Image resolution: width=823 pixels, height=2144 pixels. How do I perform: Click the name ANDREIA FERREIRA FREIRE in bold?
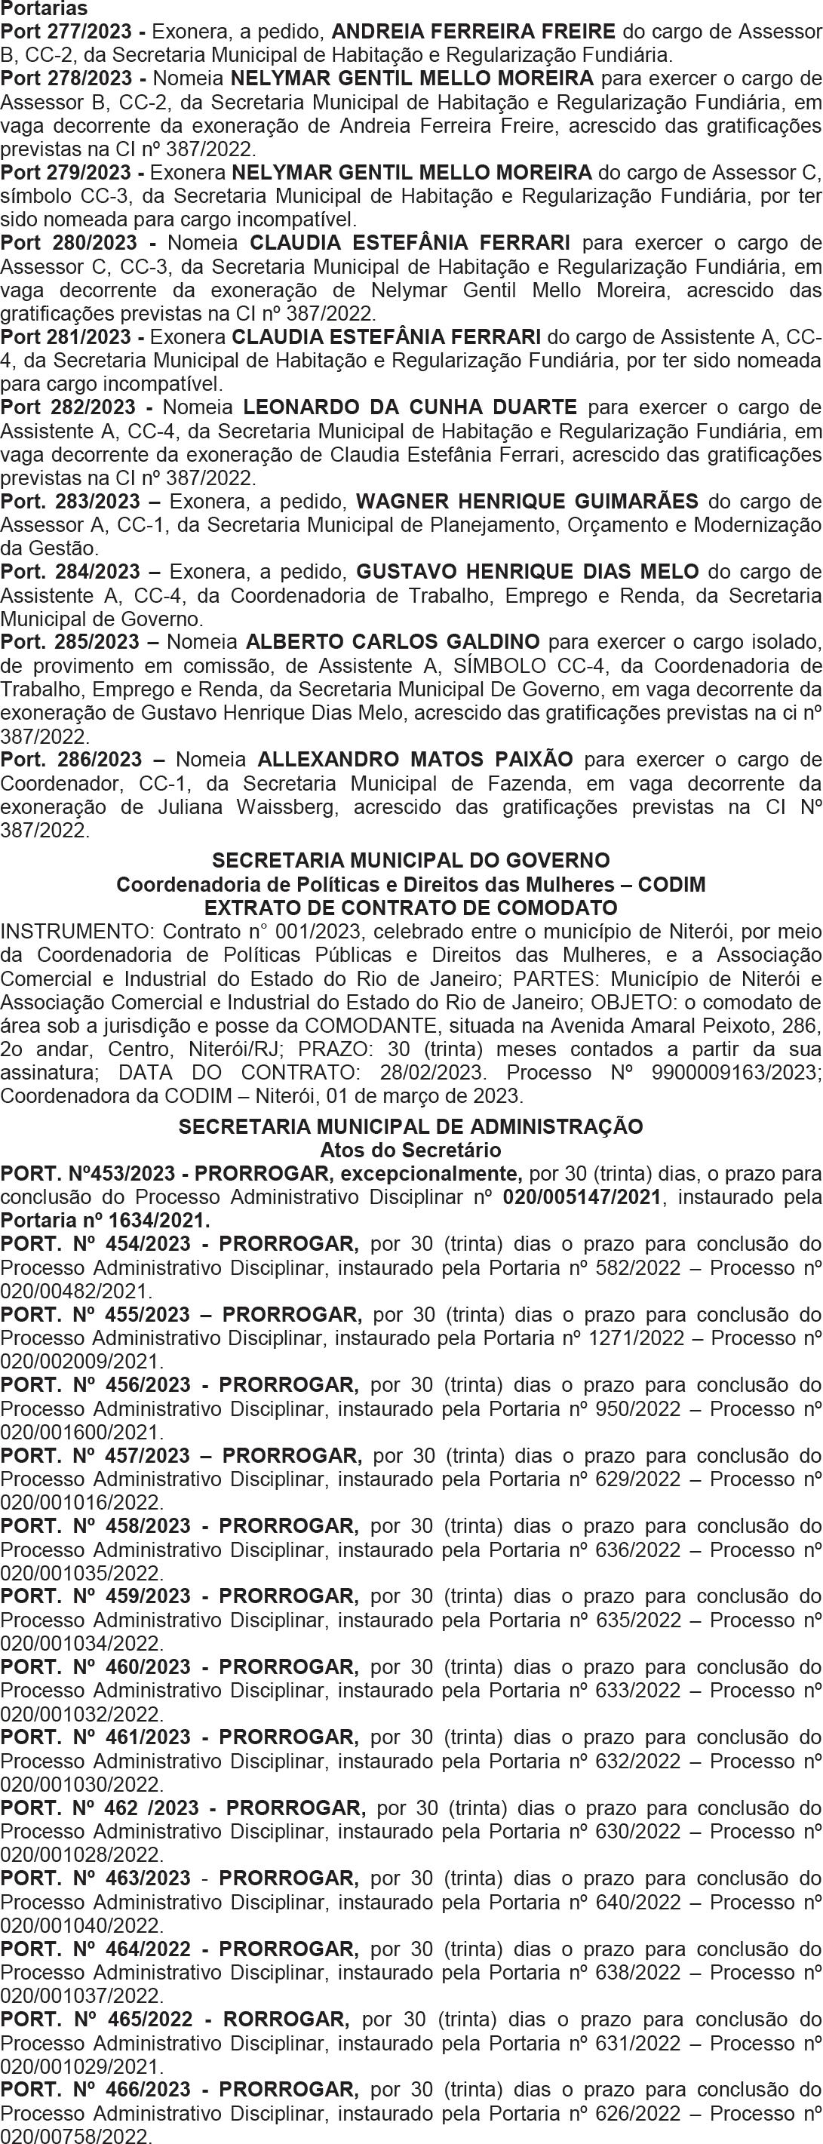pyautogui.click(x=474, y=32)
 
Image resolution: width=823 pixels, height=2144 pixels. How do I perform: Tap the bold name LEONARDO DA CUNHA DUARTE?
pyautogui.click(x=410, y=408)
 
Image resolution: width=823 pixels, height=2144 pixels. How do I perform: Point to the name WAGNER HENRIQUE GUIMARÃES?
pyautogui.click(x=527, y=502)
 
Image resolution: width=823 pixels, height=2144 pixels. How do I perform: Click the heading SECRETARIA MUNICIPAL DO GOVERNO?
pyautogui.click(x=411, y=860)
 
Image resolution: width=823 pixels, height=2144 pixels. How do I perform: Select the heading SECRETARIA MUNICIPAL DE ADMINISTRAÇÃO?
pyautogui.click(x=411, y=1127)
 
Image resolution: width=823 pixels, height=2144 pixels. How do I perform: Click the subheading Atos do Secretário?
pyautogui.click(x=411, y=1150)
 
